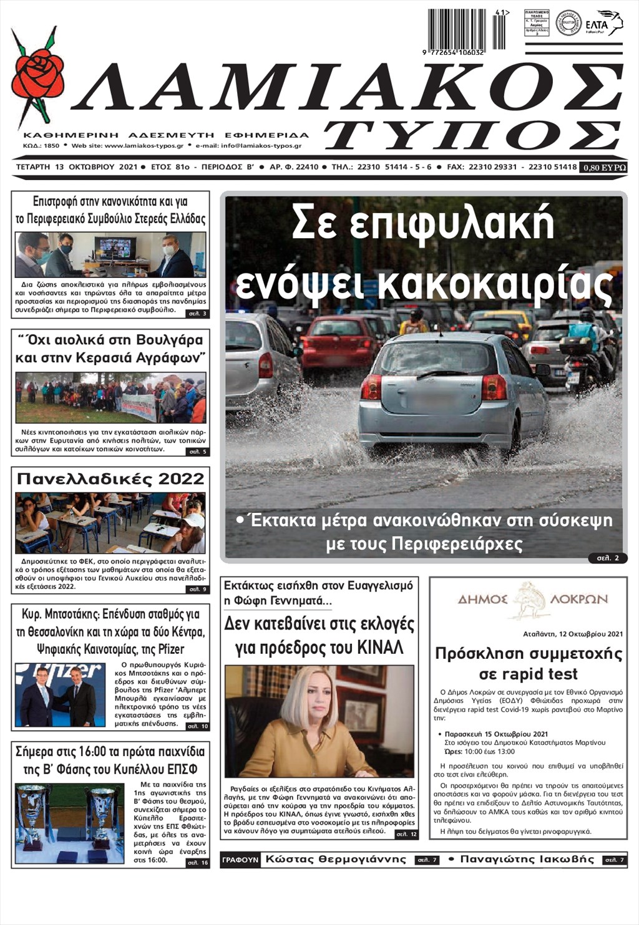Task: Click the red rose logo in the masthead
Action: tap(37, 78)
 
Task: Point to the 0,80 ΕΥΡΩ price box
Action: tap(603, 167)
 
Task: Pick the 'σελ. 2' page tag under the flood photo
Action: tap(607, 558)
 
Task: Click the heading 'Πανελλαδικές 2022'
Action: tap(110, 479)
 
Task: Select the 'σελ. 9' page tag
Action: tap(197, 588)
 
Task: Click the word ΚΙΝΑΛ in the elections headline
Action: tap(381, 648)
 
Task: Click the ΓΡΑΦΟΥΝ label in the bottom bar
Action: tap(240, 860)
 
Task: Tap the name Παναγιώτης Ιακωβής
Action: tap(527, 859)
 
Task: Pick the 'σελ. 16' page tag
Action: tap(197, 863)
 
